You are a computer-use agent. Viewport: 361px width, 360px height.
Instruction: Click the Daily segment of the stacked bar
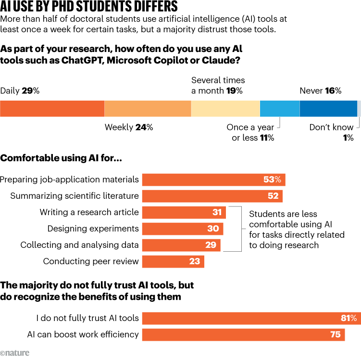[52, 109]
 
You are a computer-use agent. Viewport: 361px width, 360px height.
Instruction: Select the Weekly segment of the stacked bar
[148, 109]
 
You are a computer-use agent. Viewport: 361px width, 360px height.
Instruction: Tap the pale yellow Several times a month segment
[225, 109]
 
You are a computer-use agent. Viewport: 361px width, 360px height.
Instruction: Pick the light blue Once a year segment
[279, 109]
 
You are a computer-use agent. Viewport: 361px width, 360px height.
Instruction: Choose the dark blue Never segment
[328, 109]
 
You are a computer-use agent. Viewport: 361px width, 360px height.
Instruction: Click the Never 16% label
[320, 90]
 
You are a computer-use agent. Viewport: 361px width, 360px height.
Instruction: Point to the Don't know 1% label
[332, 132]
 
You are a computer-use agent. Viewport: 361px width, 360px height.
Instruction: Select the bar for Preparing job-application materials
[214, 180]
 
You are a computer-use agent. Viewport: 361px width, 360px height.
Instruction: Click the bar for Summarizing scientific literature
[212, 196]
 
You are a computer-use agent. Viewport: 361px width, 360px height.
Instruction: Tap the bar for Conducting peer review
[173, 262]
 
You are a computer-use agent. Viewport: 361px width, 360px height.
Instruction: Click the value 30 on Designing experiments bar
[213, 229]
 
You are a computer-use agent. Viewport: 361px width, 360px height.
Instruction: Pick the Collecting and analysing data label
[79, 245]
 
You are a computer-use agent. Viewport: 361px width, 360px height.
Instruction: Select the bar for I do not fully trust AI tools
[251, 318]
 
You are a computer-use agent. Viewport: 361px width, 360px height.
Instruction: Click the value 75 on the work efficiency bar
[335, 334]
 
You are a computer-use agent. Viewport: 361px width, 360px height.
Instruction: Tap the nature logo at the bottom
[15, 353]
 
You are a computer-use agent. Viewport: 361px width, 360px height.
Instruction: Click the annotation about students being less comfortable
[297, 229]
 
